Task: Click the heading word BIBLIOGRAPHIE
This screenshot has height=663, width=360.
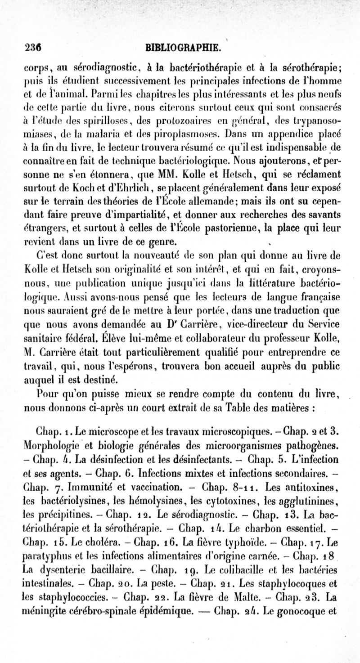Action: pyautogui.click(x=182, y=47)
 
